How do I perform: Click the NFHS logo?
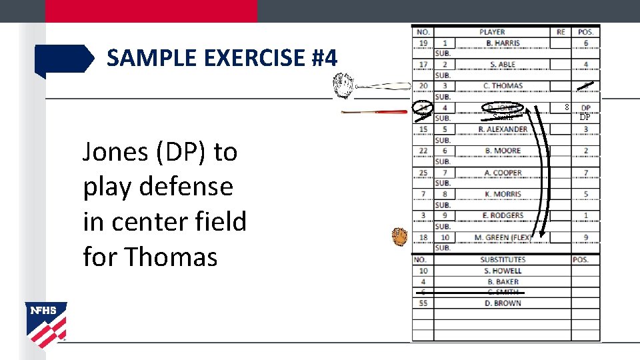click(x=46, y=324)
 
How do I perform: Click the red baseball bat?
click(x=374, y=112)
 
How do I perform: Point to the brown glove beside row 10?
click(x=399, y=236)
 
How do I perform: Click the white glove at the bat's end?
click(x=344, y=85)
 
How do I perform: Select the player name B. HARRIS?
click(x=503, y=43)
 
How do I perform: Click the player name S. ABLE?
click(x=503, y=65)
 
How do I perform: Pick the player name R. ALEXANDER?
click(x=503, y=129)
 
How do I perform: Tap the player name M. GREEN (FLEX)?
click(x=503, y=237)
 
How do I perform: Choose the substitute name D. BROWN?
click(x=503, y=303)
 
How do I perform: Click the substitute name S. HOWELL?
click(x=503, y=271)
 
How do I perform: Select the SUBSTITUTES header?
click(x=503, y=259)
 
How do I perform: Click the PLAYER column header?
click(x=492, y=32)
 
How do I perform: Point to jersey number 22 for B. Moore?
click(x=423, y=151)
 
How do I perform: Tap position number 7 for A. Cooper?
click(x=585, y=173)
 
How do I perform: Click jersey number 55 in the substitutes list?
click(x=423, y=303)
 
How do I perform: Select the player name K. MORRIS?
click(x=503, y=194)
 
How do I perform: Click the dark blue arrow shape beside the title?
click(x=64, y=59)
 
